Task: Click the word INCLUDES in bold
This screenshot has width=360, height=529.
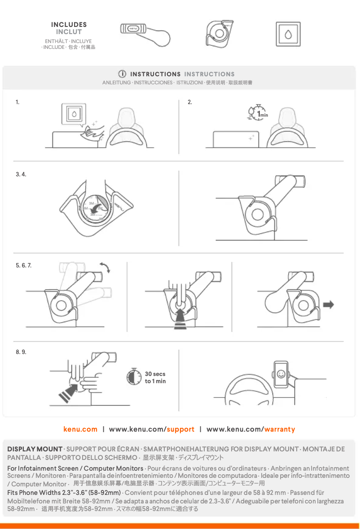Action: coord(69,25)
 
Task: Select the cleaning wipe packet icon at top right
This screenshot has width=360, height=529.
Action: coord(288,34)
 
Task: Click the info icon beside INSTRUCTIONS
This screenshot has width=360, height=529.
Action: coord(122,74)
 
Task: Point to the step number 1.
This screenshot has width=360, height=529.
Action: coord(18,102)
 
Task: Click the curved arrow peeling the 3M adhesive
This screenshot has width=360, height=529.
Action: coord(97,207)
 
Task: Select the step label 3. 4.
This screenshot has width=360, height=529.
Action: coord(21,174)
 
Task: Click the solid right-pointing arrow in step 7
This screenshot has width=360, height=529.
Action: coord(328,305)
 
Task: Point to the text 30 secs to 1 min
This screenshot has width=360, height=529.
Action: coord(155,377)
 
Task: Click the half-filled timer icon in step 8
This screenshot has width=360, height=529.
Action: coord(132,377)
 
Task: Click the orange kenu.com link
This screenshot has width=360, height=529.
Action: coord(80,429)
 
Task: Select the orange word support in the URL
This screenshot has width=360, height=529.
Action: coord(180,429)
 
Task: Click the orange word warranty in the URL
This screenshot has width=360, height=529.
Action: coord(280,429)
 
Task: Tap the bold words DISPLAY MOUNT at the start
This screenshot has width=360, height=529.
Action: coord(35,449)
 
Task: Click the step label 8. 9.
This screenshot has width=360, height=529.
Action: coord(21,352)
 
